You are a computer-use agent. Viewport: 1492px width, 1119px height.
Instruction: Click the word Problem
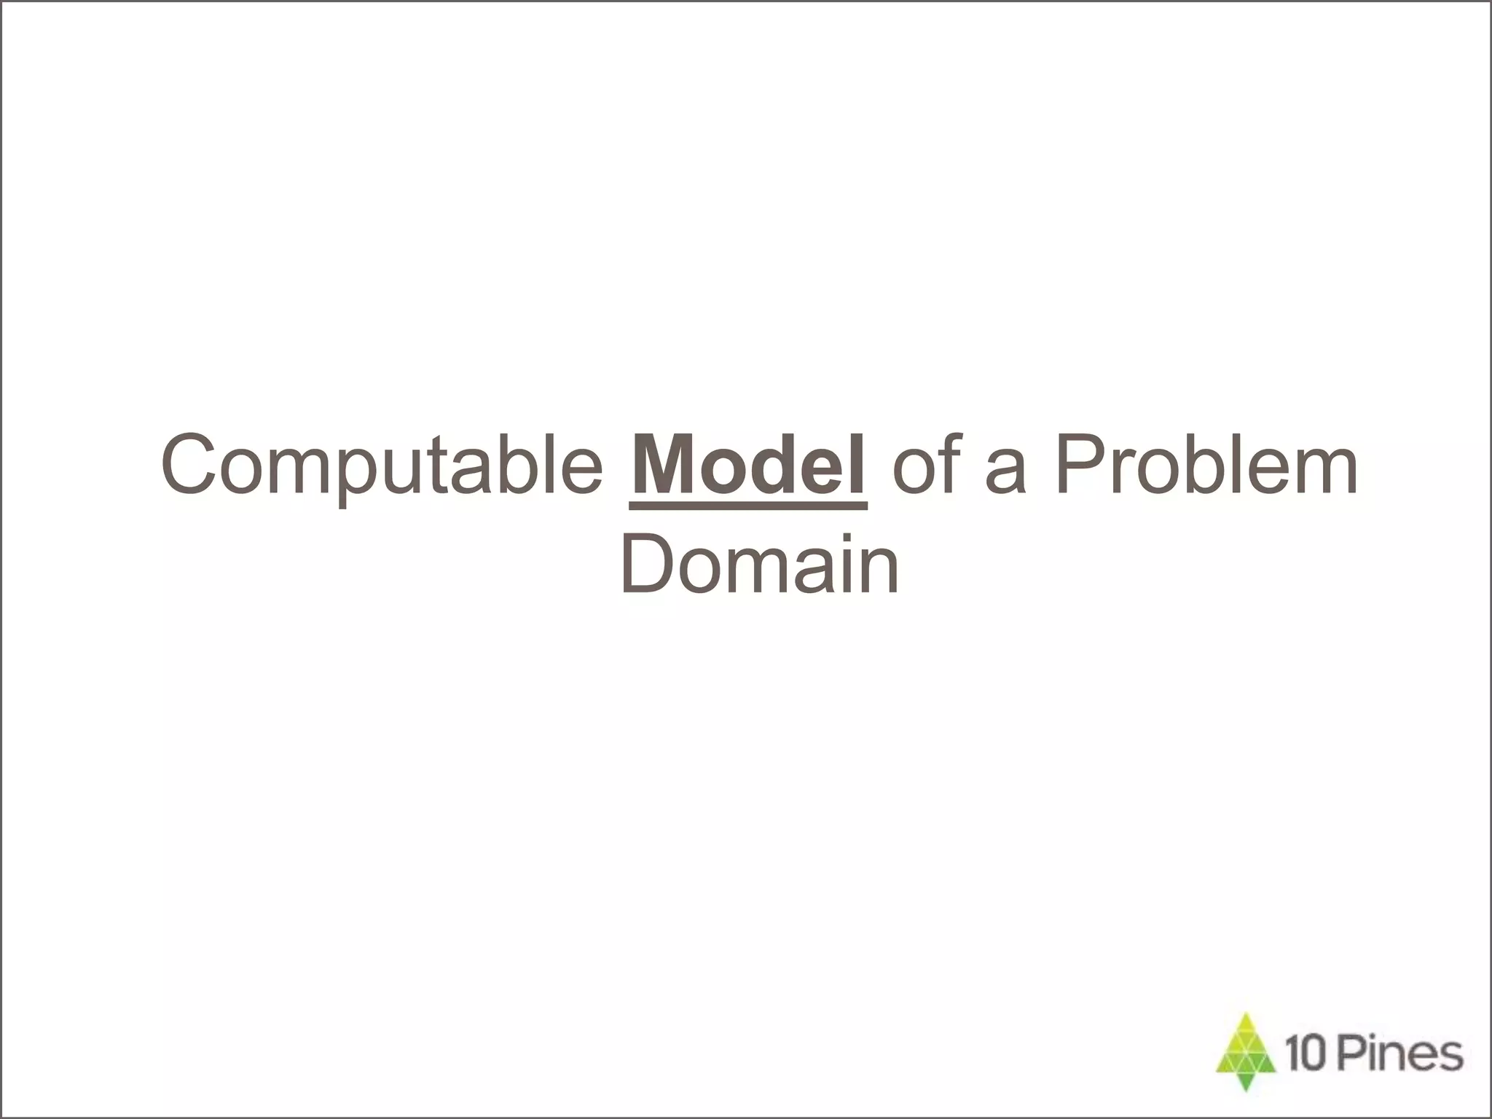1206,465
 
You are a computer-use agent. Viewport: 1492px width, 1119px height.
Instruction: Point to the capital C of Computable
189,465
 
